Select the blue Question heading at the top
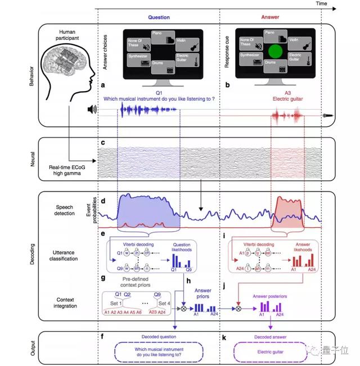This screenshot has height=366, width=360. (159, 17)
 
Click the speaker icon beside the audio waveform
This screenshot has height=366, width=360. (92, 110)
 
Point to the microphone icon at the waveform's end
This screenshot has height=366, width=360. (326, 116)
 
